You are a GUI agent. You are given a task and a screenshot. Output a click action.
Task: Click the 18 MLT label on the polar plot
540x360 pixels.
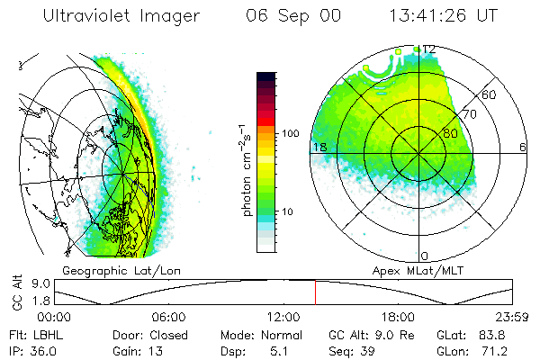318,147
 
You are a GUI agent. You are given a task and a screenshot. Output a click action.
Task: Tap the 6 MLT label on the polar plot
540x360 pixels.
523,147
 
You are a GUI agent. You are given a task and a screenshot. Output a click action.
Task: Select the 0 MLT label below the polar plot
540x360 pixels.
425,256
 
